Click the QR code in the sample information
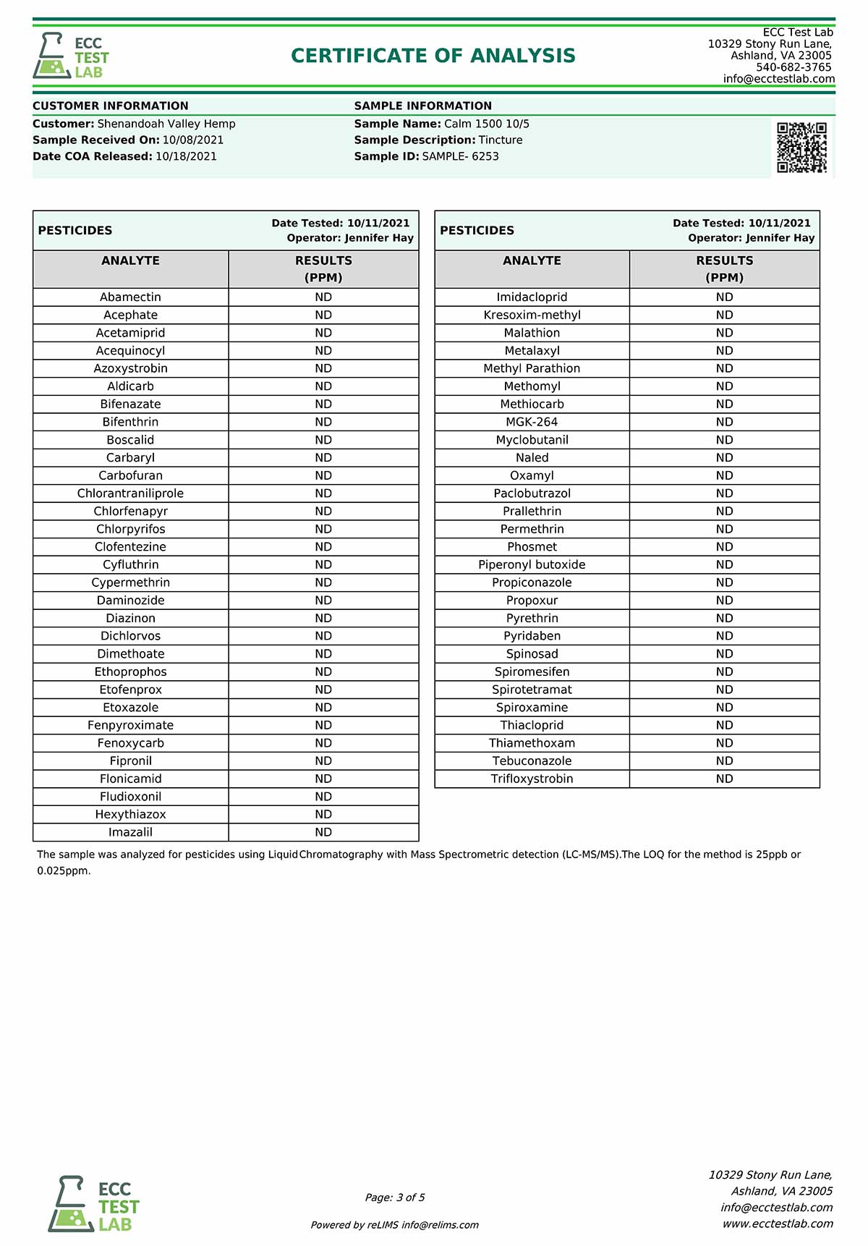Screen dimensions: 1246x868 [x=801, y=148]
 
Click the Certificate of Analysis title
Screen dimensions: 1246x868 [x=433, y=56]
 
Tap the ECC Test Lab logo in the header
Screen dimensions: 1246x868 [x=71, y=56]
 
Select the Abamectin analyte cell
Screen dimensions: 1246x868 [x=131, y=297]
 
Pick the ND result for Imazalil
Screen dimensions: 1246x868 [x=323, y=832]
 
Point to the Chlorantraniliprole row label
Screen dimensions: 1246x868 [x=131, y=493]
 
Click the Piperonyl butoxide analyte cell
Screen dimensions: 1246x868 [x=532, y=564]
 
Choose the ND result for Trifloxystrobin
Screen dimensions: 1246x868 [x=724, y=779]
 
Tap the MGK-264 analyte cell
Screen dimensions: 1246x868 [x=532, y=422]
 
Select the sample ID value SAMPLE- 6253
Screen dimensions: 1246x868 [x=461, y=156]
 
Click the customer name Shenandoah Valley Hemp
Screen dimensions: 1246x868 [x=166, y=124]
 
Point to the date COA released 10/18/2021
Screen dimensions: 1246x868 [x=186, y=156]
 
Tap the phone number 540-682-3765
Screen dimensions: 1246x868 [x=793, y=67]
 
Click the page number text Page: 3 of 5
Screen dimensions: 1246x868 [x=395, y=1198]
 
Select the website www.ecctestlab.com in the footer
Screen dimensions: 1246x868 [x=778, y=1224]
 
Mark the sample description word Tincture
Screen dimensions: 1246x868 [x=501, y=140]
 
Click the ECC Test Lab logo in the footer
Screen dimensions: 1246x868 [x=94, y=1204]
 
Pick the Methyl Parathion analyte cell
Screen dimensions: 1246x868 [x=532, y=368]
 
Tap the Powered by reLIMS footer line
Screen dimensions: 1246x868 [x=395, y=1225]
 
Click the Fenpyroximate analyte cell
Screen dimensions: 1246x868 [x=131, y=725]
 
